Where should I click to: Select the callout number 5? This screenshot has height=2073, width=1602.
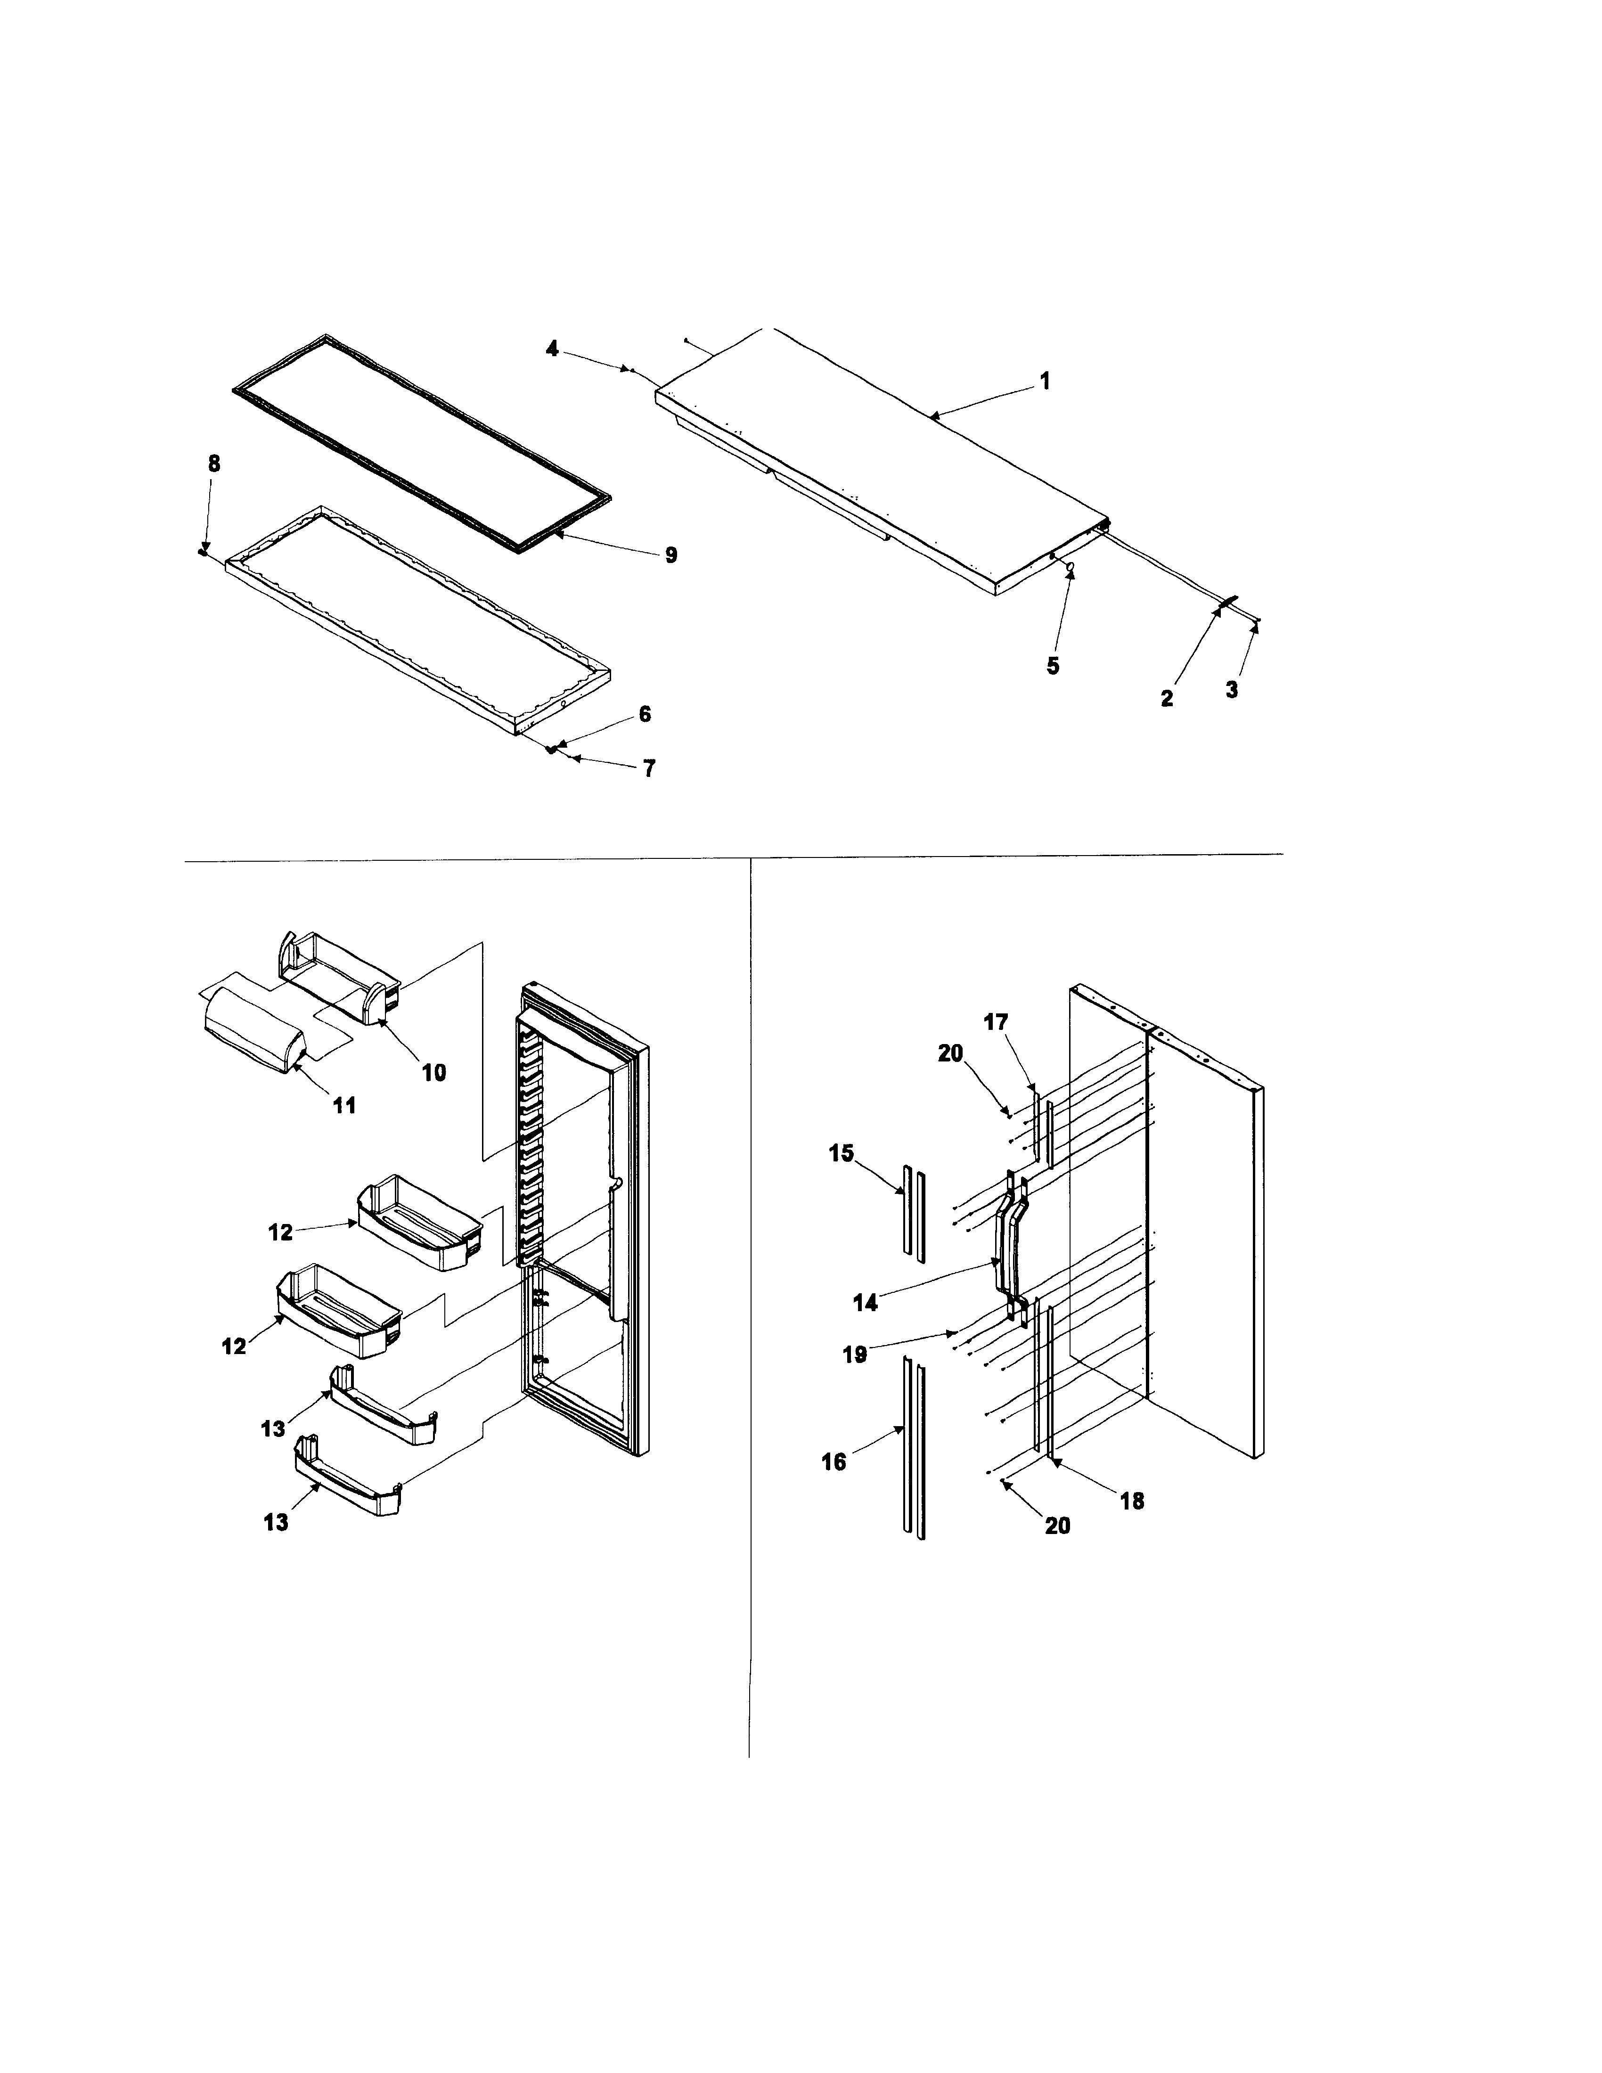[x=1053, y=666]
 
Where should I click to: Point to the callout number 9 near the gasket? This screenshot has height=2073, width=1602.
[x=671, y=555]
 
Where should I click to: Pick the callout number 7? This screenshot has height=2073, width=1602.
[x=649, y=769]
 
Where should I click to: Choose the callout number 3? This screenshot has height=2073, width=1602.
[x=1231, y=690]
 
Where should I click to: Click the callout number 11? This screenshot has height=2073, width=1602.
[x=344, y=1105]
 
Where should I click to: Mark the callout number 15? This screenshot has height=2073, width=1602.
[x=841, y=1153]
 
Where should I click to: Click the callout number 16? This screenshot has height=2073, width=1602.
[x=833, y=1462]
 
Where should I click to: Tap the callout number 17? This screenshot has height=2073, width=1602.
[x=996, y=1022]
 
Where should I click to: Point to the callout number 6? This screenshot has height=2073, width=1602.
[x=645, y=714]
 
